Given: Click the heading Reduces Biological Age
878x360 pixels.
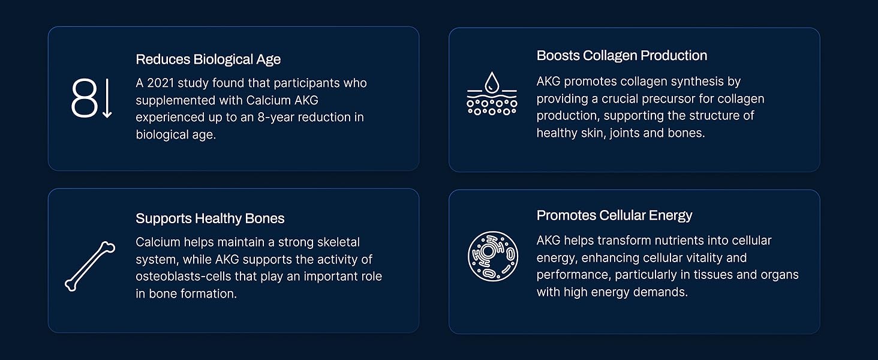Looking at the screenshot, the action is (x=208, y=59).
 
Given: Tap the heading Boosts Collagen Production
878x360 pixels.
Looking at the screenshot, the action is (x=622, y=56).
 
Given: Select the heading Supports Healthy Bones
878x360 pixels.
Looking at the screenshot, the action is (x=210, y=218).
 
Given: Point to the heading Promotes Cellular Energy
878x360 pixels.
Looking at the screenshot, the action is (x=614, y=215).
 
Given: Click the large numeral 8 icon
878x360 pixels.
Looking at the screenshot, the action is (x=85, y=98).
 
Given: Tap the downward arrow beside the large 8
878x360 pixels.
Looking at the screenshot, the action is (x=107, y=98).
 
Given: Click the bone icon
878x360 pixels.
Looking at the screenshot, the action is (x=90, y=266).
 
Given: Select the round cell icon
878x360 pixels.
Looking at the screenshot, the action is (x=493, y=256).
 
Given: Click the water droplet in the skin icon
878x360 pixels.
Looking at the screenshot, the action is (x=492, y=82).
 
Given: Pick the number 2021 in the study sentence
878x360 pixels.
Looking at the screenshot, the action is (x=161, y=83).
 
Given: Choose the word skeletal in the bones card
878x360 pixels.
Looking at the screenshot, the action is (x=339, y=242).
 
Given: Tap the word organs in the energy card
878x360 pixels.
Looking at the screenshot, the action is (x=780, y=275).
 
